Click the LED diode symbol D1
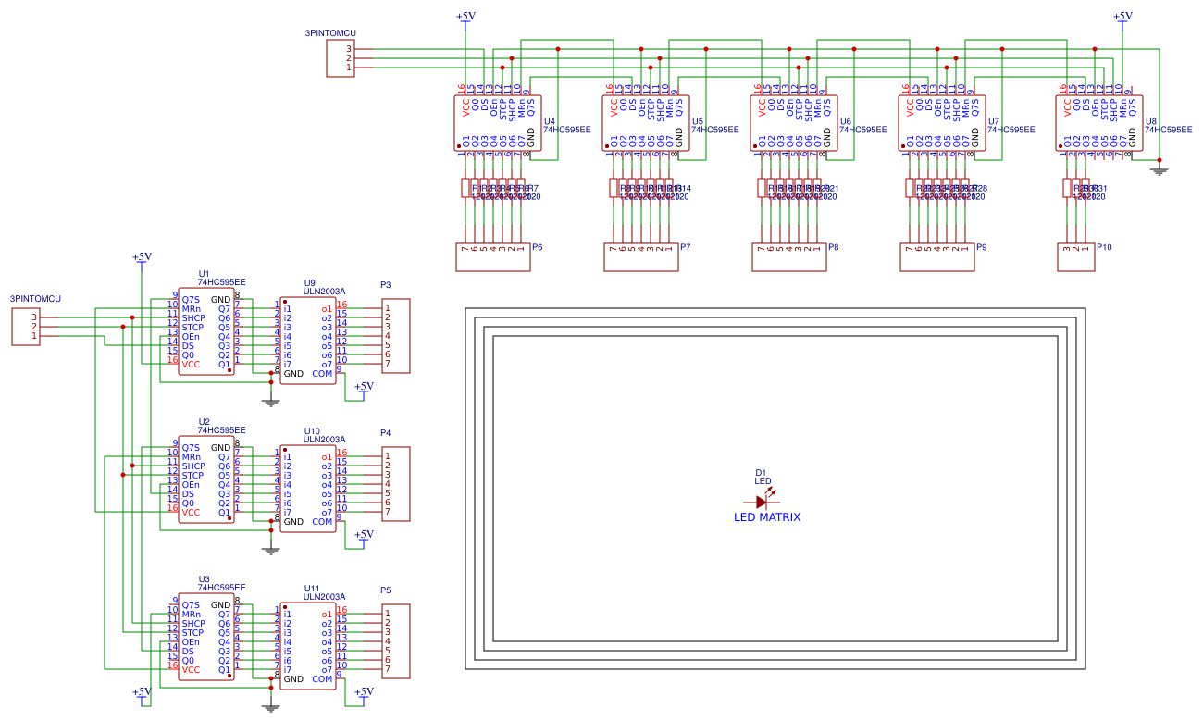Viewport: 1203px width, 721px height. coord(762,502)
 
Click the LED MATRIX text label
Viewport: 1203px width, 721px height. coord(767,517)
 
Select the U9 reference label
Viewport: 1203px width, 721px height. coord(309,282)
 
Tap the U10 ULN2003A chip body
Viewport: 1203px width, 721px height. coord(308,487)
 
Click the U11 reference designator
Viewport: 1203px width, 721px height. coord(312,588)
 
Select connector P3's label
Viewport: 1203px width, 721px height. coord(386,285)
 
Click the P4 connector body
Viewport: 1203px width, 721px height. coord(396,484)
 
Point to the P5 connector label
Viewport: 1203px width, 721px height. coord(386,590)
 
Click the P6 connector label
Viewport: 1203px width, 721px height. coord(538,247)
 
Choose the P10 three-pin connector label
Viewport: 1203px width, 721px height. coord(1104,247)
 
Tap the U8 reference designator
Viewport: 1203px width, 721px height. coord(1150,121)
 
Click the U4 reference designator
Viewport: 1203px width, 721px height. coord(549,121)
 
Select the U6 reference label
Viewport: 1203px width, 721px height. coord(845,121)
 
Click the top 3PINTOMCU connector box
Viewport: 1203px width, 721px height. coord(340,58)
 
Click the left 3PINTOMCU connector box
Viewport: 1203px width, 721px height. coord(25,327)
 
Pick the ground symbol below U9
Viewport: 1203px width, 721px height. coord(270,402)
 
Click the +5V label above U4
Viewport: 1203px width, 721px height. coord(465,16)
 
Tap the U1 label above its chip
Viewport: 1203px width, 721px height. coord(204,274)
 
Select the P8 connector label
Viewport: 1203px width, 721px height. coord(834,247)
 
